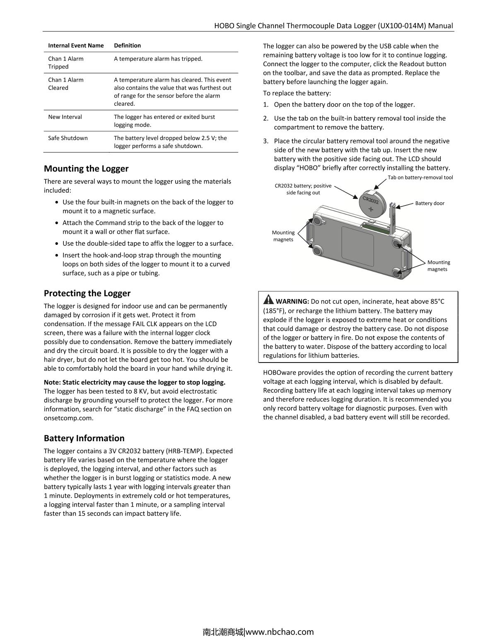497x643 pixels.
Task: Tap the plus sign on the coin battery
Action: (371, 209)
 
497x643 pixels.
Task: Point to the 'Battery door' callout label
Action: (429, 203)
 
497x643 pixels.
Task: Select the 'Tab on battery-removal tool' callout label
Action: (420, 177)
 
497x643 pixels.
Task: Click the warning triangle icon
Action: (268, 299)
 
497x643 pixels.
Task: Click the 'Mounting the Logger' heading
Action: (86, 169)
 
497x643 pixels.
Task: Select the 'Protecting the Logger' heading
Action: (87, 293)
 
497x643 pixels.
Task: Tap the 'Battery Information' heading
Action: (84, 438)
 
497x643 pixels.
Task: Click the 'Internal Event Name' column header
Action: (76, 46)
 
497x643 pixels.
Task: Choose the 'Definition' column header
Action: (127, 46)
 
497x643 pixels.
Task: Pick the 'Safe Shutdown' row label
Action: (68, 138)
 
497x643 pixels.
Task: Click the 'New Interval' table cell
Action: (65, 117)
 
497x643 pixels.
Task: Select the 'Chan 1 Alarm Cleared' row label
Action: (66, 84)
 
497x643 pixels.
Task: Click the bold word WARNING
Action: (292, 301)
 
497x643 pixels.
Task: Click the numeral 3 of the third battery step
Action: (265, 141)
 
